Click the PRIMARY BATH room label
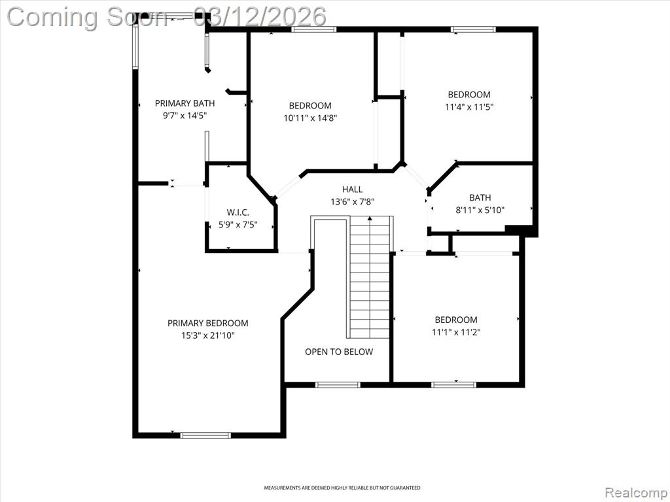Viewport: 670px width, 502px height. [x=185, y=103]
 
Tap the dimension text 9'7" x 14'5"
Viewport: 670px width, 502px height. [x=185, y=116]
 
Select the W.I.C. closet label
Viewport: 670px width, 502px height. [x=238, y=212]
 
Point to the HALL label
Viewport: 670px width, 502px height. [x=352, y=189]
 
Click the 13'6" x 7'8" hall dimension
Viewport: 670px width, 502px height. [x=353, y=201]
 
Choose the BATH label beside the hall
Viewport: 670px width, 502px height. [x=480, y=197]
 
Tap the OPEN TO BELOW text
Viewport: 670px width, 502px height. [x=339, y=352]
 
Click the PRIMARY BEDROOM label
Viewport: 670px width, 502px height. [x=207, y=323]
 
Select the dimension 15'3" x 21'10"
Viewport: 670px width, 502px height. [x=208, y=335]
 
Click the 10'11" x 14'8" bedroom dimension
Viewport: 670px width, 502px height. [x=310, y=118]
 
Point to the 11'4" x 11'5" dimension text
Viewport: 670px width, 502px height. [x=468, y=107]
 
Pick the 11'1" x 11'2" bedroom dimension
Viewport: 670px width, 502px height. [x=456, y=332]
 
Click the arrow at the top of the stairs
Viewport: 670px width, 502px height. [x=370, y=218]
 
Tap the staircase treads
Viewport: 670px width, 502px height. [x=370, y=277]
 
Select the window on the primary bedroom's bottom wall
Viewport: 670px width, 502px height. [x=205, y=435]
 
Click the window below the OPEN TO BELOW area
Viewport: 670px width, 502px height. [x=338, y=384]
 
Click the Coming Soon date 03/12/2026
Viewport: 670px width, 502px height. [x=260, y=17]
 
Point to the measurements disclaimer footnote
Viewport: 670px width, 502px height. [x=342, y=488]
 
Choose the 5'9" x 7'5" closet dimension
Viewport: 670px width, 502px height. [x=238, y=225]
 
